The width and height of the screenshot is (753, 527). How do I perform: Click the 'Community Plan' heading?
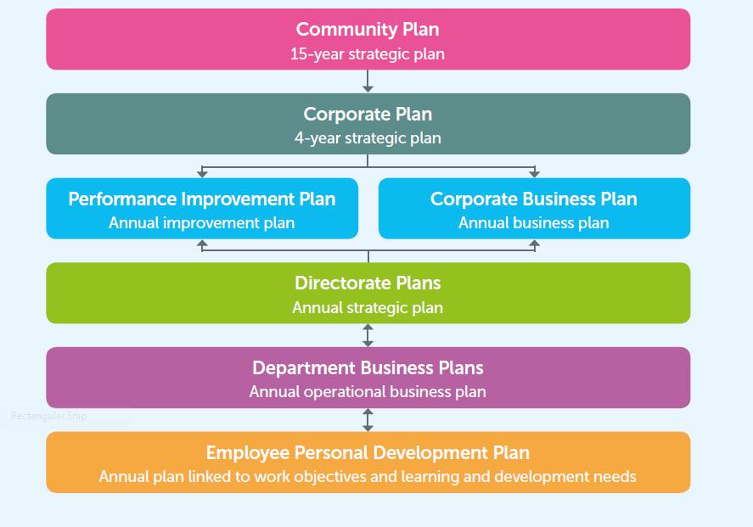tap(368, 29)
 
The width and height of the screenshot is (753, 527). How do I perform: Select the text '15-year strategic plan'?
tap(368, 53)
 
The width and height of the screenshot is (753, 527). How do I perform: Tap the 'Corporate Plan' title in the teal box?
tap(368, 114)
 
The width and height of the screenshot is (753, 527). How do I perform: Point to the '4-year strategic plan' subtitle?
tap(368, 137)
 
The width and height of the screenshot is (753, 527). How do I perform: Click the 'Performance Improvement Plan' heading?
tap(202, 199)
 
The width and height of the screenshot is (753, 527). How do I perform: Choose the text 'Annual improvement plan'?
tap(202, 222)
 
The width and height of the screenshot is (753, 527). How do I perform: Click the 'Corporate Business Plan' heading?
tap(534, 199)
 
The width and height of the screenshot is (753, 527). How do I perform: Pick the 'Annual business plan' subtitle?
tap(534, 222)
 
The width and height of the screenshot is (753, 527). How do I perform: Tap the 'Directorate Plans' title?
tap(368, 283)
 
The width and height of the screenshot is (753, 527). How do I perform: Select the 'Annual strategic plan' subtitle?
tap(368, 307)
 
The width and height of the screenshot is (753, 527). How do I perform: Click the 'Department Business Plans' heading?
tap(368, 367)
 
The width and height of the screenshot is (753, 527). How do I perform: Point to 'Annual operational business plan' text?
tap(368, 392)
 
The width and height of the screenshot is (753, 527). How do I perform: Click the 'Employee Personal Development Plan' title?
tap(368, 452)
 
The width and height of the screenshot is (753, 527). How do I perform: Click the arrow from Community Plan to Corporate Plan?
tap(368, 81)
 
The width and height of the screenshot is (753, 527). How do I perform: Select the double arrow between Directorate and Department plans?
tap(368, 335)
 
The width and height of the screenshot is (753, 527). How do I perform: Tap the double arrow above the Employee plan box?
tap(368, 420)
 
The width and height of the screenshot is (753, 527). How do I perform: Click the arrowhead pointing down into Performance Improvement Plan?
tap(202, 173)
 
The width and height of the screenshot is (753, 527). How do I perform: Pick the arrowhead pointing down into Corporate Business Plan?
tap(534, 173)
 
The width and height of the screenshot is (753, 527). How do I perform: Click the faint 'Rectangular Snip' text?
tap(48, 416)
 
